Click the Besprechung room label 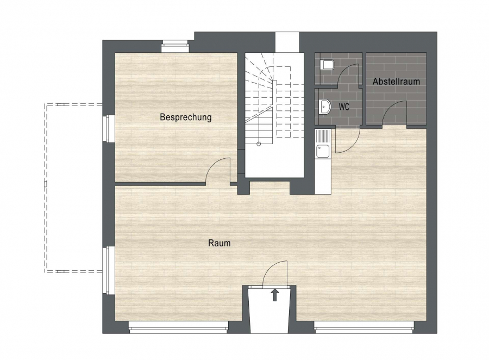pyautogui.click(x=186, y=117)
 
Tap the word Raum pyautogui.click(x=220, y=243)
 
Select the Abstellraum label pyautogui.click(x=396, y=82)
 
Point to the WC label pyautogui.click(x=344, y=107)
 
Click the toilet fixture pyautogui.click(x=327, y=65)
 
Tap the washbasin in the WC pyautogui.click(x=325, y=107)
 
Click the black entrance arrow pyautogui.click(x=275, y=295)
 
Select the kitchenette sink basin pyautogui.click(x=322, y=151)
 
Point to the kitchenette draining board pyautogui.click(x=322, y=136)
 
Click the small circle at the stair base pyautogui.click(x=259, y=144)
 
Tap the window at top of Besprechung pyautogui.click(x=175, y=47)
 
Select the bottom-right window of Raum pyautogui.click(x=364, y=327)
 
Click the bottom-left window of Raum pyautogui.click(x=178, y=327)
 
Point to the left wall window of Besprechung pyautogui.click(x=109, y=129)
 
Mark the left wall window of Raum pyautogui.click(x=109, y=270)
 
